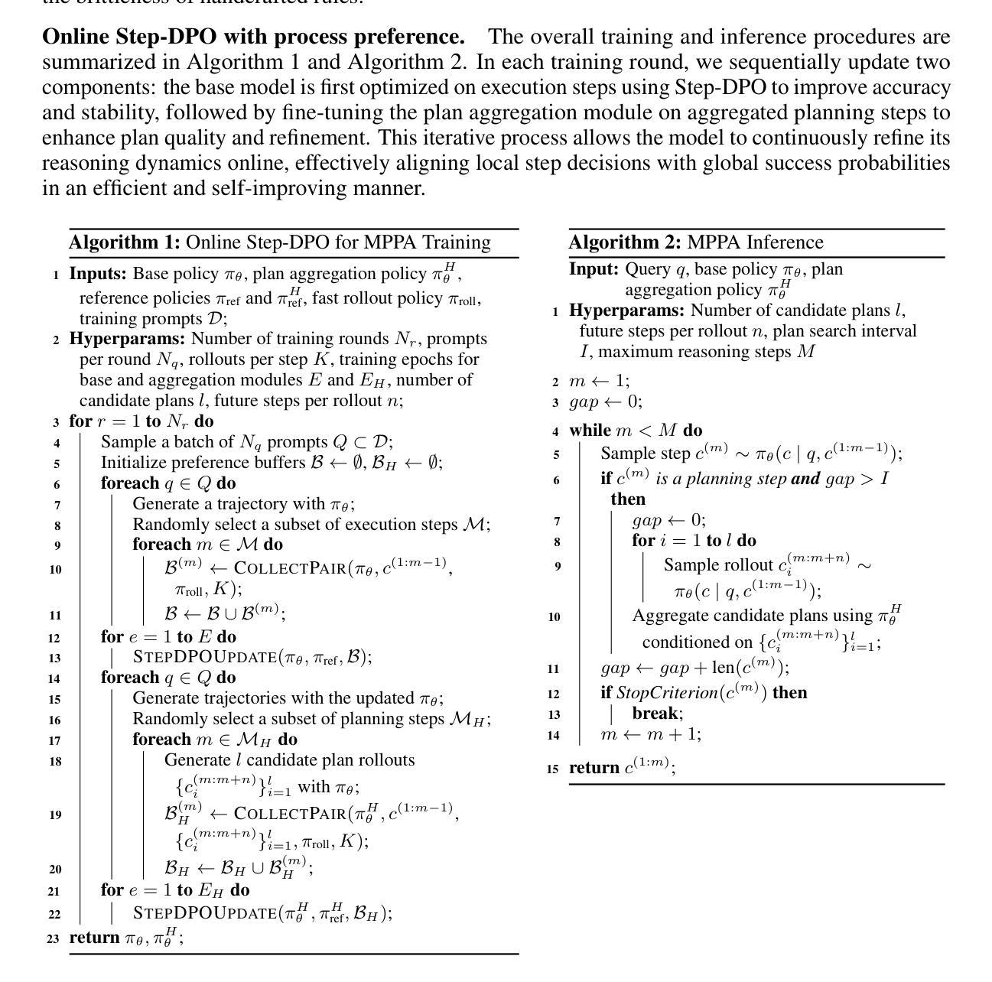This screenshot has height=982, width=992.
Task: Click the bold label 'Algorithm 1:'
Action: click(125, 242)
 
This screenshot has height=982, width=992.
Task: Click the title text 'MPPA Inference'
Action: click(755, 242)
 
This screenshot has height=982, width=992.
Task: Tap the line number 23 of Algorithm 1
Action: click(52, 938)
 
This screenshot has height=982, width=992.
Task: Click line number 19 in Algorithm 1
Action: click(55, 815)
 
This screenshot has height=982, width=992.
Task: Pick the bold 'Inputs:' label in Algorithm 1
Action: click(98, 274)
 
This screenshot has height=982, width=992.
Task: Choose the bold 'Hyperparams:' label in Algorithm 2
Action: click(626, 311)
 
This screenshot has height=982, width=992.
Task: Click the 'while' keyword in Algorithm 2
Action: click(590, 431)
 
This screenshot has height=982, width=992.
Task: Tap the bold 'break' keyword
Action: click(655, 714)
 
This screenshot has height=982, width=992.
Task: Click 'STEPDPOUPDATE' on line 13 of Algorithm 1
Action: click(204, 658)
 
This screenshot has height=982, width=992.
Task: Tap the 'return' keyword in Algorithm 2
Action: click(594, 768)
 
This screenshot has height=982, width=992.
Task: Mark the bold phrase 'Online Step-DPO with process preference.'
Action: click(253, 37)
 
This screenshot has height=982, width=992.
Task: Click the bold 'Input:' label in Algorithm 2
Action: click(594, 269)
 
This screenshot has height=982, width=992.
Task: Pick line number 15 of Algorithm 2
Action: click(552, 769)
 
